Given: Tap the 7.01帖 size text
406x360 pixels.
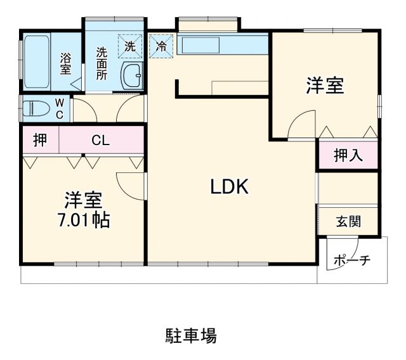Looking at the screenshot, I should (83, 221).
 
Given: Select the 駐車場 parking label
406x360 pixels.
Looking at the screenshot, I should (191, 335).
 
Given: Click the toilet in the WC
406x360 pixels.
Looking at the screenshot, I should (35, 108).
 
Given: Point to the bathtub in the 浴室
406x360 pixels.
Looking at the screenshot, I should (37, 64).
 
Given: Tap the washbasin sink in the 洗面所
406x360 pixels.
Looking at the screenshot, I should (133, 75).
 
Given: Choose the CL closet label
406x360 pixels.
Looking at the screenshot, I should (100, 141).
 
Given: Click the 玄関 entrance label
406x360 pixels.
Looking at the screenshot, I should (348, 221).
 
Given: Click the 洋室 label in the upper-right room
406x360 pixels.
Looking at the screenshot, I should (325, 87).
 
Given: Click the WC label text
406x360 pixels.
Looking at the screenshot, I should (59, 107).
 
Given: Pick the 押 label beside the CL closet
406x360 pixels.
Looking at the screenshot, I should (40, 140).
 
